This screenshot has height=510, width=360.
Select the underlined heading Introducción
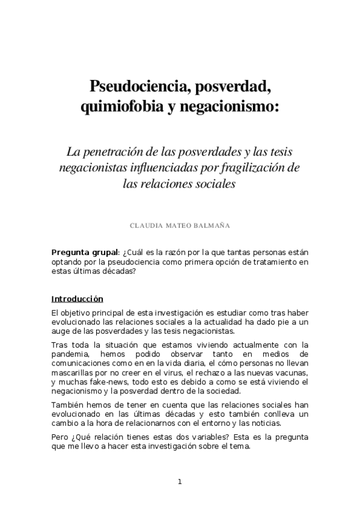(x=78, y=298)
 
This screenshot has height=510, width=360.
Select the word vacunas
(x=294, y=373)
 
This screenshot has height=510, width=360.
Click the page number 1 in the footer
(x=179, y=482)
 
